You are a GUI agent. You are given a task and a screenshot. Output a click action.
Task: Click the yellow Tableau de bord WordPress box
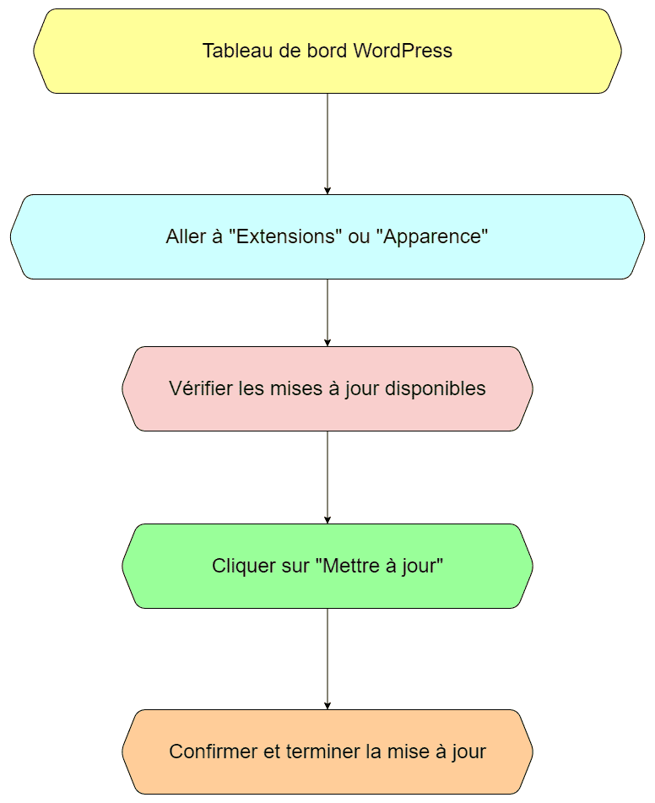tap(327, 51)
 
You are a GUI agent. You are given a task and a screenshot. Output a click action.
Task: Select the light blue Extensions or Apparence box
tap(327, 236)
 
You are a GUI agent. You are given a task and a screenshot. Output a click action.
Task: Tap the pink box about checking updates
tap(327, 388)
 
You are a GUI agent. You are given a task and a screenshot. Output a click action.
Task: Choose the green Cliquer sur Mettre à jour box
tap(327, 566)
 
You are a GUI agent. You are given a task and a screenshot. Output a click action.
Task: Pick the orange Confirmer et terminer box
tap(327, 751)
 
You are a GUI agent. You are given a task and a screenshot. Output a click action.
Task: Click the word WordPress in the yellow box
tap(403, 51)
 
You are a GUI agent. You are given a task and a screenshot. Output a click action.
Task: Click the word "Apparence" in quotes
tap(431, 237)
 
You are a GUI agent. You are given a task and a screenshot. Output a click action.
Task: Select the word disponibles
tap(435, 388)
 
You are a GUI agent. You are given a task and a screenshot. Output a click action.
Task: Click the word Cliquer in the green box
tap(235, 567)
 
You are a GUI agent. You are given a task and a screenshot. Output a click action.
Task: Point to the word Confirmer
tap(214, 751)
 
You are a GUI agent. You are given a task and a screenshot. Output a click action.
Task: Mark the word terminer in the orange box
tap(323, 751)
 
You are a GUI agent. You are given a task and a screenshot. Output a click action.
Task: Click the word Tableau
tap(237, 51)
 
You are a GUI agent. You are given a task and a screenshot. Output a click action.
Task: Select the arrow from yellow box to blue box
tap(327, 144)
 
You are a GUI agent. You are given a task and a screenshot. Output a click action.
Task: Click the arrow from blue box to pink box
tap(327, 313)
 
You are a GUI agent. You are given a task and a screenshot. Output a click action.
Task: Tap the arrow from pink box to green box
tap(327, 477)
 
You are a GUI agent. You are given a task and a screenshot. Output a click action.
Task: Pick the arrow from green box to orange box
tap(327, 659)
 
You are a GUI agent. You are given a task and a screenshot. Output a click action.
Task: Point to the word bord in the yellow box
tap(327, 51)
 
